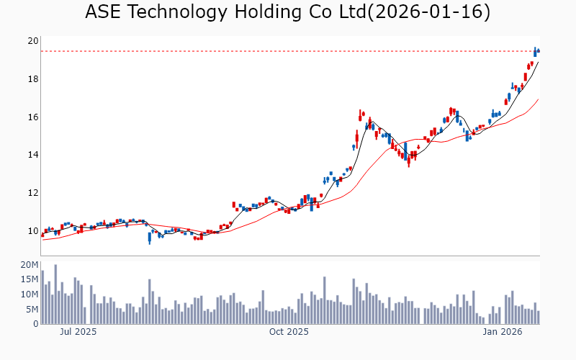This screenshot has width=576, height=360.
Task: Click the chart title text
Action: pyautogui.click(x=287, y=12)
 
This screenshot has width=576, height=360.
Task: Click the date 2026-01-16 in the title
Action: pyautogui.click(x=428, y=12)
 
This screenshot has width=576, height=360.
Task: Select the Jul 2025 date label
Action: pyautogui.click(x=78, y=333)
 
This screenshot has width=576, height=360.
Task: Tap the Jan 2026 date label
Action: pyautogui.click(x=502, y=333)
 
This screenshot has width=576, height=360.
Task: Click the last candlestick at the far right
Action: pyautogui.click(x=539, y=50)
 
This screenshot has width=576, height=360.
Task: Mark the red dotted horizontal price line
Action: pyautogui.click(x=288, y=51)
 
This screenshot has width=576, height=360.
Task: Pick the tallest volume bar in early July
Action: pyautogui.click(x=55, y=294)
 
